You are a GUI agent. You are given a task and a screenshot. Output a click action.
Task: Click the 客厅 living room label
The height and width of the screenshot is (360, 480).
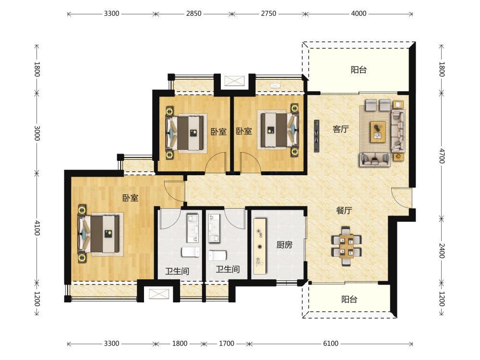point(340,129)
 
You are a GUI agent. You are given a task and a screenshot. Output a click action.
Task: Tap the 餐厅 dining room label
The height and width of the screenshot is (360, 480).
point(344,211)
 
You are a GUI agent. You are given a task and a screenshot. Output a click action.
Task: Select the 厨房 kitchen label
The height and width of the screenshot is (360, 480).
point(284,245)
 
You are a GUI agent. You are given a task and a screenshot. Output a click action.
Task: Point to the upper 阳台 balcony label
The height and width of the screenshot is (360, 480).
point(359,70)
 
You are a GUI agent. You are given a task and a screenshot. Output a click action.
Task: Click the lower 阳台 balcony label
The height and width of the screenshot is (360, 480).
point(349,299)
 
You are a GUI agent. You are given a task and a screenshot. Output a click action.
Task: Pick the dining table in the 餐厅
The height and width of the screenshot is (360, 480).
point(346,246)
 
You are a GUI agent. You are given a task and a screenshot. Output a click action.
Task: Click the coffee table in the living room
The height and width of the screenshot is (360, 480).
point(378,132)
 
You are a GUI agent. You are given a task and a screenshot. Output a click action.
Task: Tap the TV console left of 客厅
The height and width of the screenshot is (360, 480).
point(316,136)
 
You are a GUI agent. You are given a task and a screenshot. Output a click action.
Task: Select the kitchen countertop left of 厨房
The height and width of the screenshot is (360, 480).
point(260,246)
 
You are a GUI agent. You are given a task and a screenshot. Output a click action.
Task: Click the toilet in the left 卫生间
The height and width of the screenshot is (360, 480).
point(191,252)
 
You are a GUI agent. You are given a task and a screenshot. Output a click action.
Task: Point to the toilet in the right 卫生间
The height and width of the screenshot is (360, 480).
point(217,255)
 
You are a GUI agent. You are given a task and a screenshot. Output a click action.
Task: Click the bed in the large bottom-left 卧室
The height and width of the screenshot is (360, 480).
point(98,234)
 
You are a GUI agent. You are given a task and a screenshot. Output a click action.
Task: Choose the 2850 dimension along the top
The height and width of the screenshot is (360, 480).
point(194,13)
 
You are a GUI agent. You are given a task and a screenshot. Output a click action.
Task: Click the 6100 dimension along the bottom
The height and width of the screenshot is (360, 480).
point(331,344)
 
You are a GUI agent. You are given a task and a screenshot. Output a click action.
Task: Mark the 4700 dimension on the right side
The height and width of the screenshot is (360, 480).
point(442,156)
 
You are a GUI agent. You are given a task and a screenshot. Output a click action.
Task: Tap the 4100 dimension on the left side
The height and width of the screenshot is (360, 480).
point(37,228)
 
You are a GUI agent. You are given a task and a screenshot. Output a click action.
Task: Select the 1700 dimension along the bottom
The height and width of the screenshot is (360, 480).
point(227,344)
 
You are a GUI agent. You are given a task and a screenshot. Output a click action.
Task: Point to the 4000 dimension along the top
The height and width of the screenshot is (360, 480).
point(359,13)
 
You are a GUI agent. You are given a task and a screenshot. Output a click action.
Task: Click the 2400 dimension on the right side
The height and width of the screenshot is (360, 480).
point(442,251)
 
